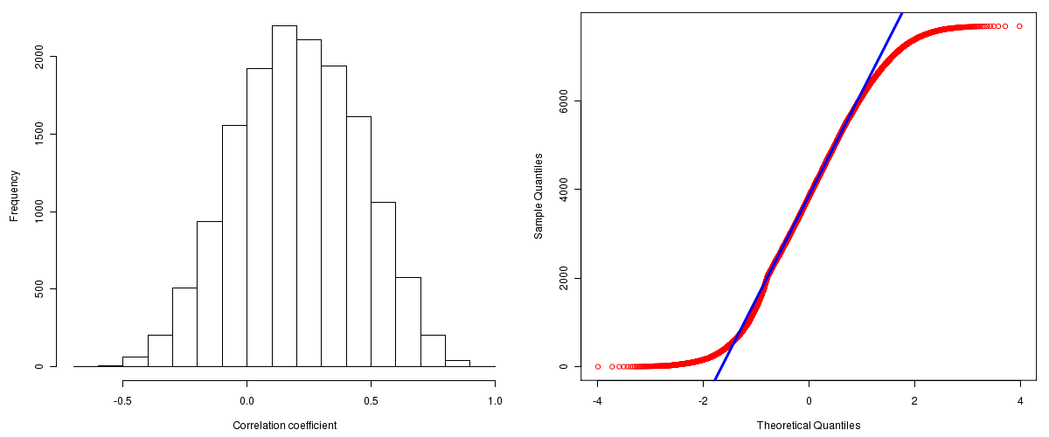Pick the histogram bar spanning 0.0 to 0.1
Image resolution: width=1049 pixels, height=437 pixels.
pyautogui.click(x=259, y=218)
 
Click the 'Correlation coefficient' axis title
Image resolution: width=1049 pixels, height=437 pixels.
pyautogui.click(x=284, y=426)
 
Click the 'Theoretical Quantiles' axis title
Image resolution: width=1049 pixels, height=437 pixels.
pyautogui.click(x=809, y=426)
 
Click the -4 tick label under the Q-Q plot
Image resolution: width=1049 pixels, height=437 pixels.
pyautogui.click(x=597, y=401)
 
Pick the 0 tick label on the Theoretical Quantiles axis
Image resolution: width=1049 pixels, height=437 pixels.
pyautogui.click(x=809, y=401)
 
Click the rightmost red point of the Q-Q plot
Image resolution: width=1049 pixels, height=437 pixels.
pyautogui.click(x=1019, y=26)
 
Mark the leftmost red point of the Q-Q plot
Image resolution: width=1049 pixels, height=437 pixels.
pyautogui.click(x=598, y=366)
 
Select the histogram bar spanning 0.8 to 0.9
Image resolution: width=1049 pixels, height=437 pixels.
pyautogui.click(x=457, y=363)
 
